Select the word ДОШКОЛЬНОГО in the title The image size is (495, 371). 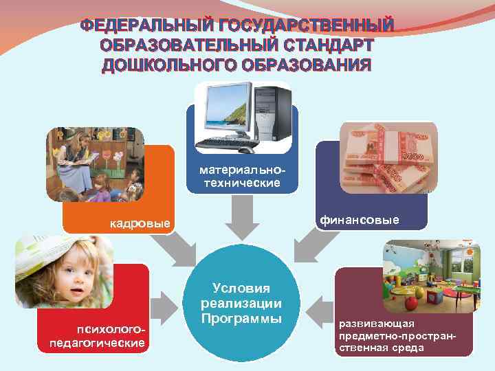(x=159, y=65)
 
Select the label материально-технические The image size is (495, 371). (x=240, y=176)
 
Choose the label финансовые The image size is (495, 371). (x=357, y=221)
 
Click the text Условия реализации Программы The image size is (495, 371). (x=241, y=303)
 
